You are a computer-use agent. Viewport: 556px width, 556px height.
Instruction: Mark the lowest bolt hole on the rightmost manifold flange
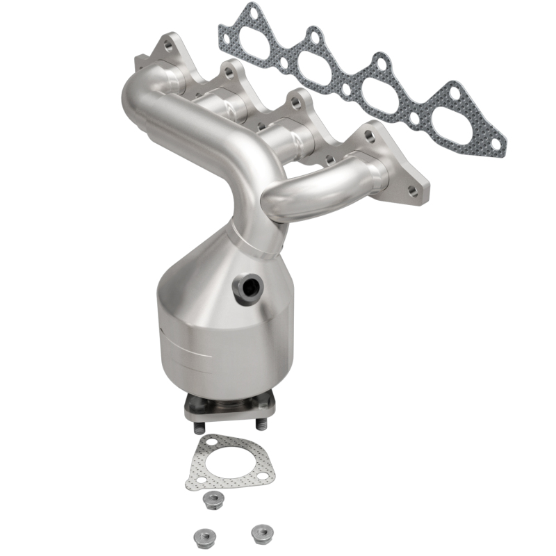click(414, 189)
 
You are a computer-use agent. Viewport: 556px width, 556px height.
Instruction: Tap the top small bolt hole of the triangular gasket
click(205, 443)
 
